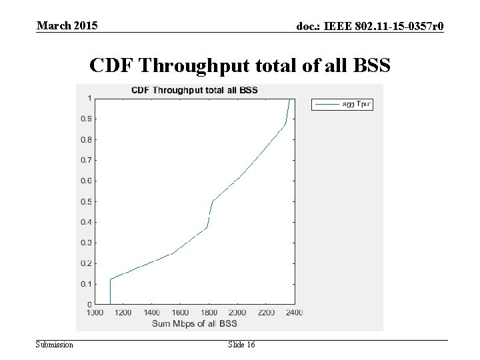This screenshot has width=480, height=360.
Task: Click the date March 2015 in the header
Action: (x=67, y=26)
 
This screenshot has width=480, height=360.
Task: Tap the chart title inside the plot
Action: (x=194, y=89)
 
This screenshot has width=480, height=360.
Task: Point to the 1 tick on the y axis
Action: (x=89, y=99)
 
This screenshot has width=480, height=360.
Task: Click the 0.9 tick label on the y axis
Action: (x=87, y=119)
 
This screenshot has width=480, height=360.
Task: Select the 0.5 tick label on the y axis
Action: (x=87, y=201)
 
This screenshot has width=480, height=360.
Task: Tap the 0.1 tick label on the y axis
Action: (x=87, y=284)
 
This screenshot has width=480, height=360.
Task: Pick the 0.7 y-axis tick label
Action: (x=87, y=160)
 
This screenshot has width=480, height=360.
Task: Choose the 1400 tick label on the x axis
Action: (x=152, y=312)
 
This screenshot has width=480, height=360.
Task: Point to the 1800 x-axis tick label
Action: (x=209, y=312)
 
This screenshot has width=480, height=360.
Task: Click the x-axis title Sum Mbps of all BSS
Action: (x=193, y=323)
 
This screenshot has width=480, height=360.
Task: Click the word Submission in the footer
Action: (x=55, y=344)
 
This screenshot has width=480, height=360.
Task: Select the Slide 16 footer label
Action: (x=241, y=344)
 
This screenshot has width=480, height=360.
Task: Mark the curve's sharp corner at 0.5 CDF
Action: (x=213, y=201)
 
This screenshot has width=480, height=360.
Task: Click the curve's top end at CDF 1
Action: (x=289, y=99)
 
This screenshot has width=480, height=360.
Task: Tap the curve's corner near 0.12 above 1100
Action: (x=110, y=279)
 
